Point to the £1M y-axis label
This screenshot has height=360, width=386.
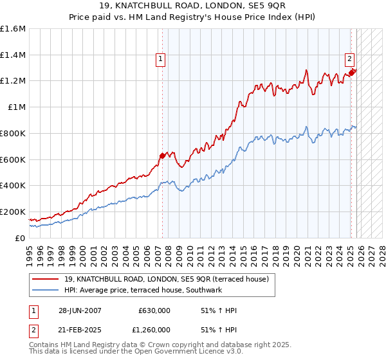coord(16,107)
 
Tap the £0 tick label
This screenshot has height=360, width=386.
coord(20,238)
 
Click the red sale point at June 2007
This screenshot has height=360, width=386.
coord(162,155)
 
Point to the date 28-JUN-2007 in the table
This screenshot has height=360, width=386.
coord(80,310)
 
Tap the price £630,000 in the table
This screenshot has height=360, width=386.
coord(154,310)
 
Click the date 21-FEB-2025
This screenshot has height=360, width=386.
coord(80,329)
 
